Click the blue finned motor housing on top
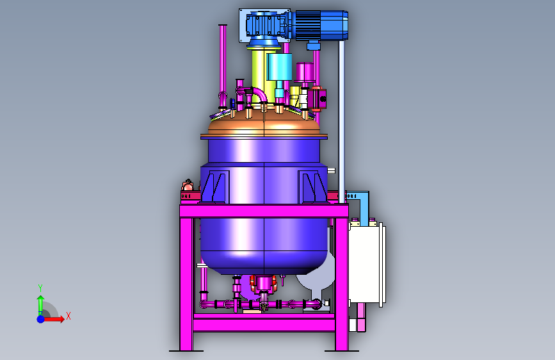coord(320,25)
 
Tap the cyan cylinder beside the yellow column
coord(279,67)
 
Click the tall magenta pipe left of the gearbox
coord(223,65)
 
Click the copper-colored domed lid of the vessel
coord(264,122)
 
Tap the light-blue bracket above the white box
coord(360,206)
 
